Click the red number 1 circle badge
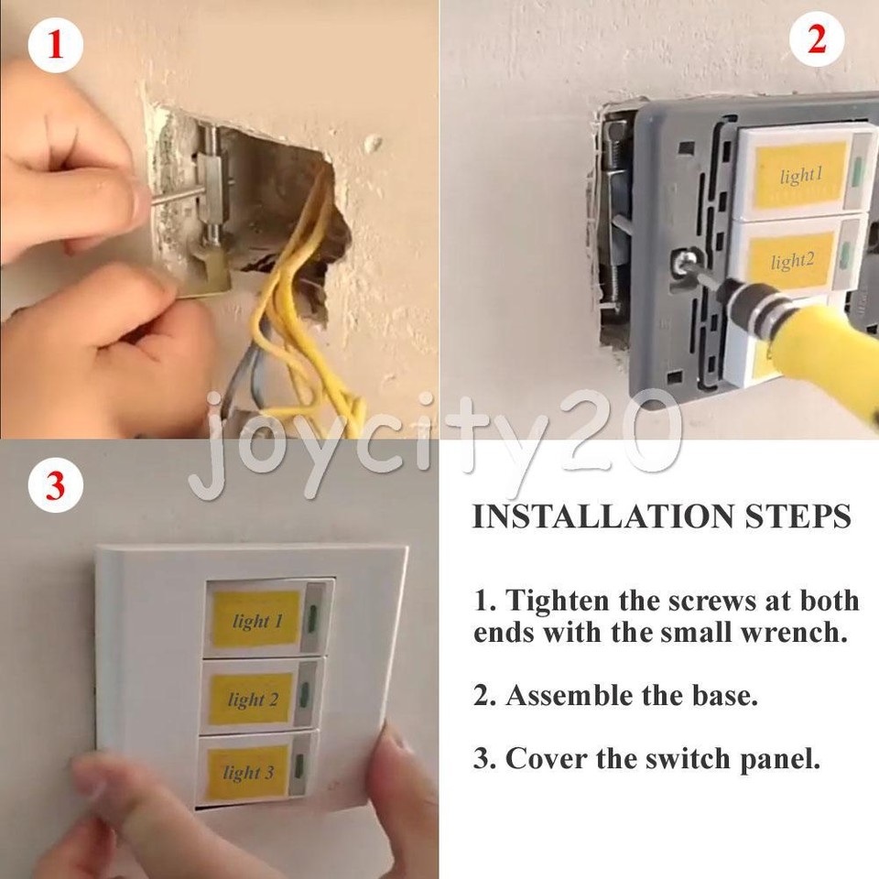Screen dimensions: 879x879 [x=56, y=45]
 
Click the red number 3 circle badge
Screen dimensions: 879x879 [x=56, y=485]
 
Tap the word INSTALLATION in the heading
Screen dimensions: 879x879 [x=585, y=516]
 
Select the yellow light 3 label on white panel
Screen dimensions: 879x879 [x=248, y=772]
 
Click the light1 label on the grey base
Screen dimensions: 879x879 [x=800, y=175]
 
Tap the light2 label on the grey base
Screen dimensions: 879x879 [x=793, y=262]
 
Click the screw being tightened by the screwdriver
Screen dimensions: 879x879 [x=684, y=265]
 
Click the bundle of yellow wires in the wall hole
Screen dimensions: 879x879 [x=302, y=302]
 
